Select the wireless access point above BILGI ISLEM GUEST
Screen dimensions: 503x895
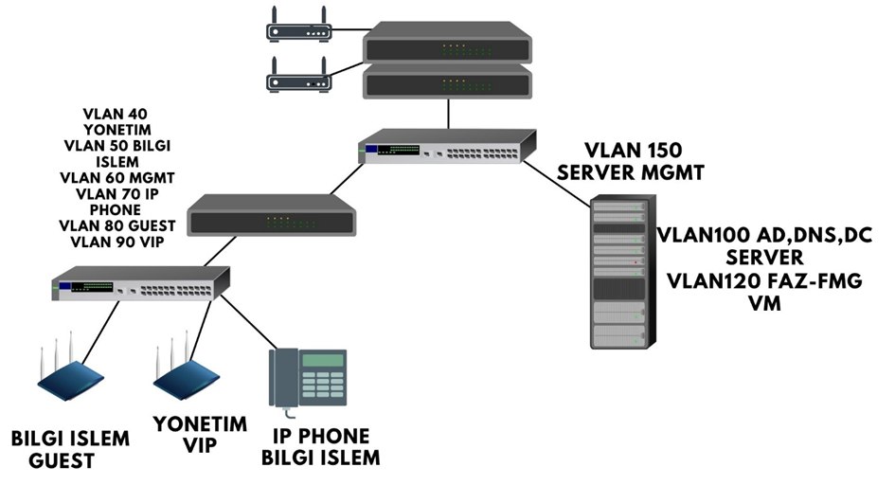click(x=72, y=376)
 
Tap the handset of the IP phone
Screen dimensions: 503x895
click(x=281, y=379)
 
